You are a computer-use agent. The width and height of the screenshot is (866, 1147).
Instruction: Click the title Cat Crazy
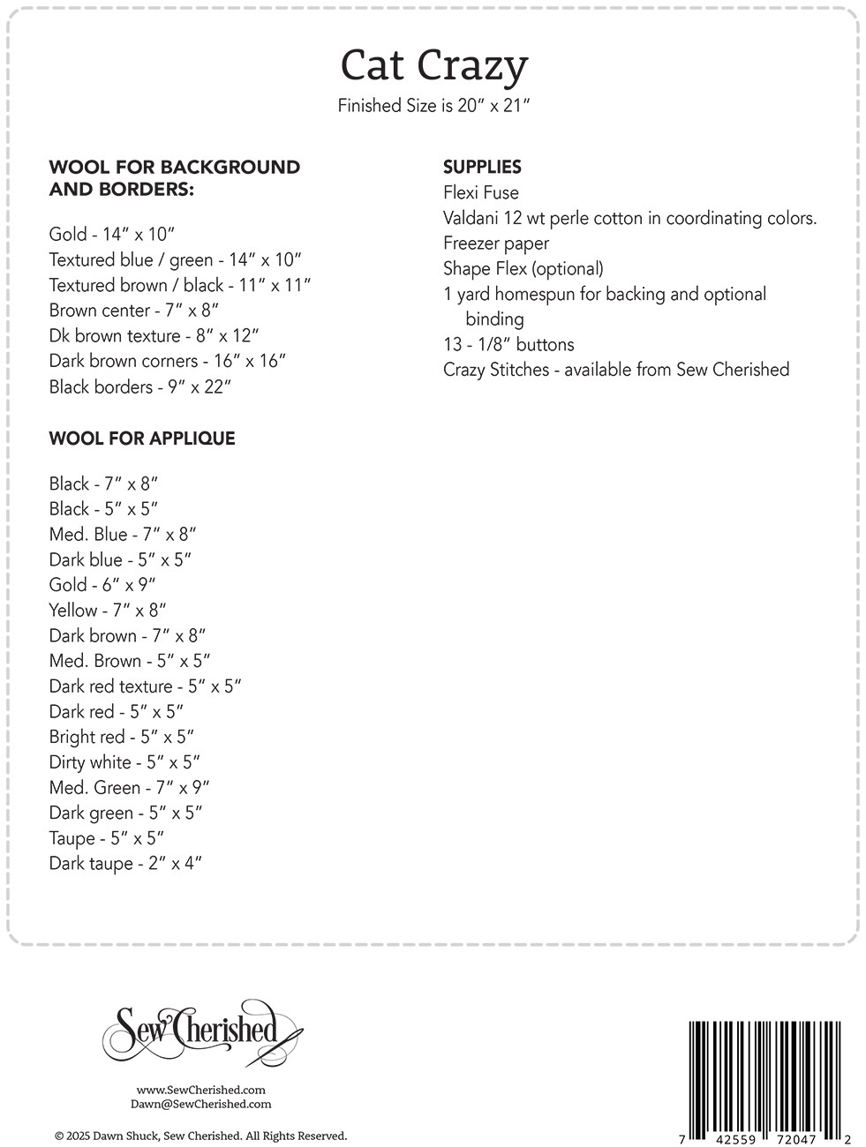click(x=433, y=65)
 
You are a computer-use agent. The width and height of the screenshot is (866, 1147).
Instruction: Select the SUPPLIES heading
click(x=482, y=167)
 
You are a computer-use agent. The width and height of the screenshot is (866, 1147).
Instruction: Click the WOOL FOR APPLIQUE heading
click(x=142, y=439)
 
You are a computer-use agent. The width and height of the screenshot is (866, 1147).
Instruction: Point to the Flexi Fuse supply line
click(x=481, y=192)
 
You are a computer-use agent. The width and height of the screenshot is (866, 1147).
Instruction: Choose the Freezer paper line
click(x=496, y=244)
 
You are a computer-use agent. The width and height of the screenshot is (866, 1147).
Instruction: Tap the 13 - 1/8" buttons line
click(x=508, y=344)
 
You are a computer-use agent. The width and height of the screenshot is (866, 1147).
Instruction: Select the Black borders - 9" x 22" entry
click(x=140, y=386)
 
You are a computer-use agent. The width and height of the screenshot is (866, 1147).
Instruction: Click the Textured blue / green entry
click(x=176, y=259)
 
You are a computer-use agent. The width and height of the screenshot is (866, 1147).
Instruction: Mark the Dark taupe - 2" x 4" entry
click(x=125, y=864)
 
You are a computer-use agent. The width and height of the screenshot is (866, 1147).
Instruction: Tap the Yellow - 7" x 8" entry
click(x=108, y=611)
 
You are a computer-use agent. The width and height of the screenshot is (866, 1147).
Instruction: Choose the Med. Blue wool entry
click(x=123, y=535)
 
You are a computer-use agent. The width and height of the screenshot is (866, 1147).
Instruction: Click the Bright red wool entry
click(x=122, y=737)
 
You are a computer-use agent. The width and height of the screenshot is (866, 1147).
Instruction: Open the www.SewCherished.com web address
click(x=201, y=1090)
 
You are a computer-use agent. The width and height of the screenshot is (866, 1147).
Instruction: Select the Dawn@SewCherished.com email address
click(x=200, y=1104)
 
